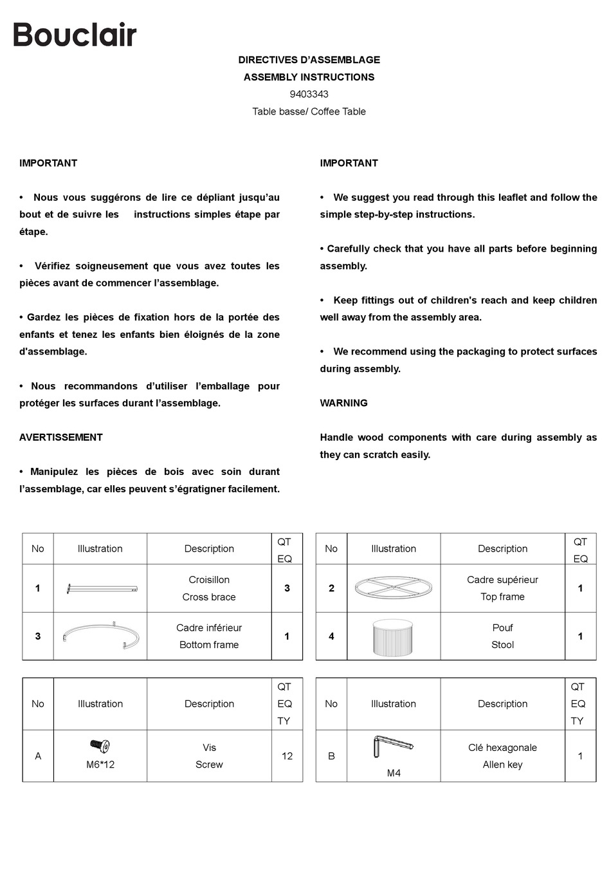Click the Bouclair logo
(x=75, y=35)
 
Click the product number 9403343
(x=309, y=94)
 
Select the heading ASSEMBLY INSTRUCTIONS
(x=309, y=77)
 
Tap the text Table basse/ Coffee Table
(x=309, y=111)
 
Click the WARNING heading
(x=343, y=403)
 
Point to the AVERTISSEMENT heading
(x=61, y=437)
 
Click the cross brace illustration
(x=102, y=588)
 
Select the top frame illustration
(x=393, y=588)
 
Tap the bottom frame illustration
(x=101, y=636)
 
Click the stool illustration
(x=393, y=636)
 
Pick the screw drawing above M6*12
(x=100, y=747)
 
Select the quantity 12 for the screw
(x=287, y=756)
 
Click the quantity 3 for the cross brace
(x=287, y=588)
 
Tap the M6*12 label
(x=100, y=765)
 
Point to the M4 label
(x=394, y=773)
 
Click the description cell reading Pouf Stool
(x=502, y=636)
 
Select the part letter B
(x=331, y=756)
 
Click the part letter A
(x=38, y=756)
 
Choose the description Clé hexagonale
(x=502, y=748)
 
